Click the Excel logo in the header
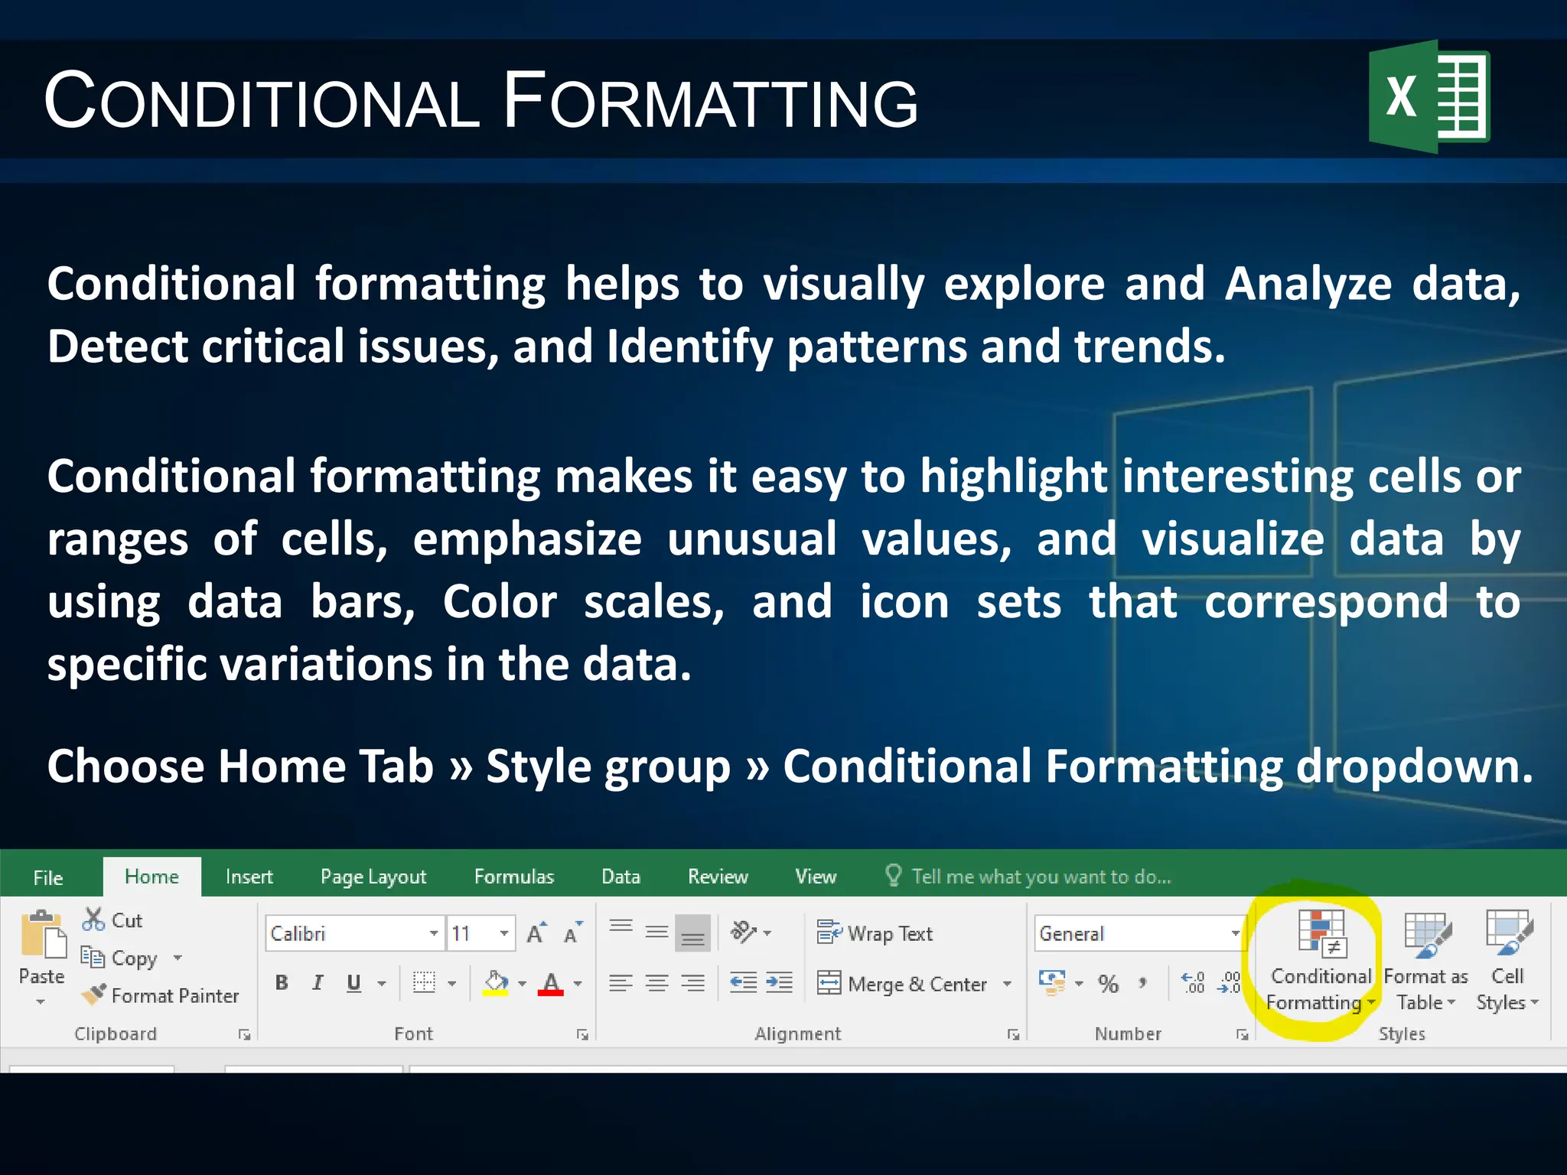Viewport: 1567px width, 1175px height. pyautogui.click(x=1429, y=97)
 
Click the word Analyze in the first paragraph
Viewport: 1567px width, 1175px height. pyautogui.click(x=1308, y=285)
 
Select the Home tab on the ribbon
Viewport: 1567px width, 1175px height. pyautogui.click(x=151, y=877)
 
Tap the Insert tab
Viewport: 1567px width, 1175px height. pyautogui.click(x=249, y=877)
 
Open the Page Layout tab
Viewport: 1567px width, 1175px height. pyautogui.click(x=373, y=877)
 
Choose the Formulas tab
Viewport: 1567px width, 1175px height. pyautogui.click(x=513, y=877)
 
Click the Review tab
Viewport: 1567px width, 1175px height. pyautogui.click(x=717, y=877)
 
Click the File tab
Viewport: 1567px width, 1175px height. pyautogui.click(x=48, y=877)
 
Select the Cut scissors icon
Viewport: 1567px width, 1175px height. pyautogui.click(x=93, y=919)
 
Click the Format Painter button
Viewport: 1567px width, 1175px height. pyautogui.click(x=161, y=995)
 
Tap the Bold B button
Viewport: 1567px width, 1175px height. pyautogui.click(x=282, y=983)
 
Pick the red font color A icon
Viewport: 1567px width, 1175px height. pyautogui.click(x=550, y=983)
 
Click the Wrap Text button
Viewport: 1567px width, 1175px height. pyautogui.click(x=875, y=933)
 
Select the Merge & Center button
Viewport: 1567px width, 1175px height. pyautogui.click(x=903, y=984)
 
